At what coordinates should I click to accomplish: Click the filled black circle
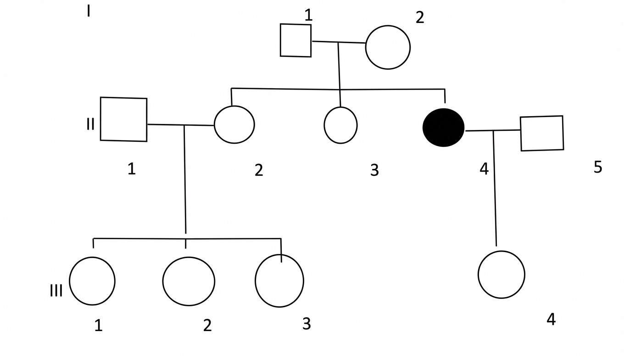tap(443, 128)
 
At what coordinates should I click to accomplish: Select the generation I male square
tap(296, 40)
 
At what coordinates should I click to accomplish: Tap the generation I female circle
tap(388, 47)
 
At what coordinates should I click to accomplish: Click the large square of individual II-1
tap(124, 119)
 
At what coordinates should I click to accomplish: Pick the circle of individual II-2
tap(234, 124)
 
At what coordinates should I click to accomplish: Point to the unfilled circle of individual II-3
tap(340, 125)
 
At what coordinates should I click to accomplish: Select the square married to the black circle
tap(542, 133)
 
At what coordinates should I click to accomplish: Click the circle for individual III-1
tap(92, 281)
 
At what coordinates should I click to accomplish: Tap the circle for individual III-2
tap(189, 281)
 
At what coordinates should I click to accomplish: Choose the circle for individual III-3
tap(279, 281)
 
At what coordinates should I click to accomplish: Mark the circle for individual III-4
tap(501, 275)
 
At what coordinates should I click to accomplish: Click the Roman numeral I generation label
tap(88, 11)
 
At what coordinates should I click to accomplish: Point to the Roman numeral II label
tap(90, 124)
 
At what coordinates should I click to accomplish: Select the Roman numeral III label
tap(56, 291)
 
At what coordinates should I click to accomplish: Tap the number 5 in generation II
tap(597, 167)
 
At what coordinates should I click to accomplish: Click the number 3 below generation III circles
tap(306, 324)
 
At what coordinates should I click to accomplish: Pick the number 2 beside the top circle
tap(420, 18)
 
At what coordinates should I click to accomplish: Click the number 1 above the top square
tap(308, 15)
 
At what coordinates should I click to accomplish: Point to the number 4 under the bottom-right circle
tap(551, 319)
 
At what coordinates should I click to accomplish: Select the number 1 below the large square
tap(132, 169)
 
